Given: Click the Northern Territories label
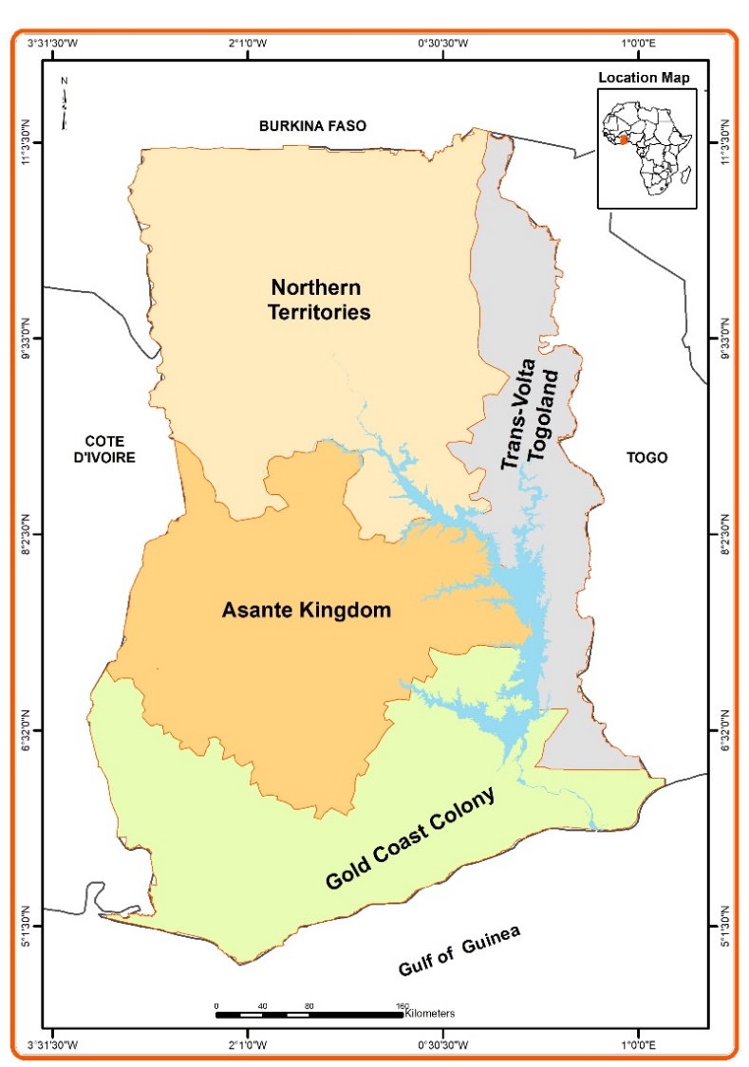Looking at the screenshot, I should tap(320, 299).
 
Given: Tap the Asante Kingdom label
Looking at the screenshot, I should tap(306, 610).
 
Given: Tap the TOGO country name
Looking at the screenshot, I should tap(646, 457).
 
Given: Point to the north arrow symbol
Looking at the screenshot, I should tap(64, 103).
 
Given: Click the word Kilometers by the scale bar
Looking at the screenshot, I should tap(429, 1013).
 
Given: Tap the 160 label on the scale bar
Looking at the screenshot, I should tap(402, 1005).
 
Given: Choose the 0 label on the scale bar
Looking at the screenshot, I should tap(216, 1005).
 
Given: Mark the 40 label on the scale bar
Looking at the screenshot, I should tap(262, 1005).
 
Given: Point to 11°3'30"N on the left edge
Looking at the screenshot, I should tap(27, 143).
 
